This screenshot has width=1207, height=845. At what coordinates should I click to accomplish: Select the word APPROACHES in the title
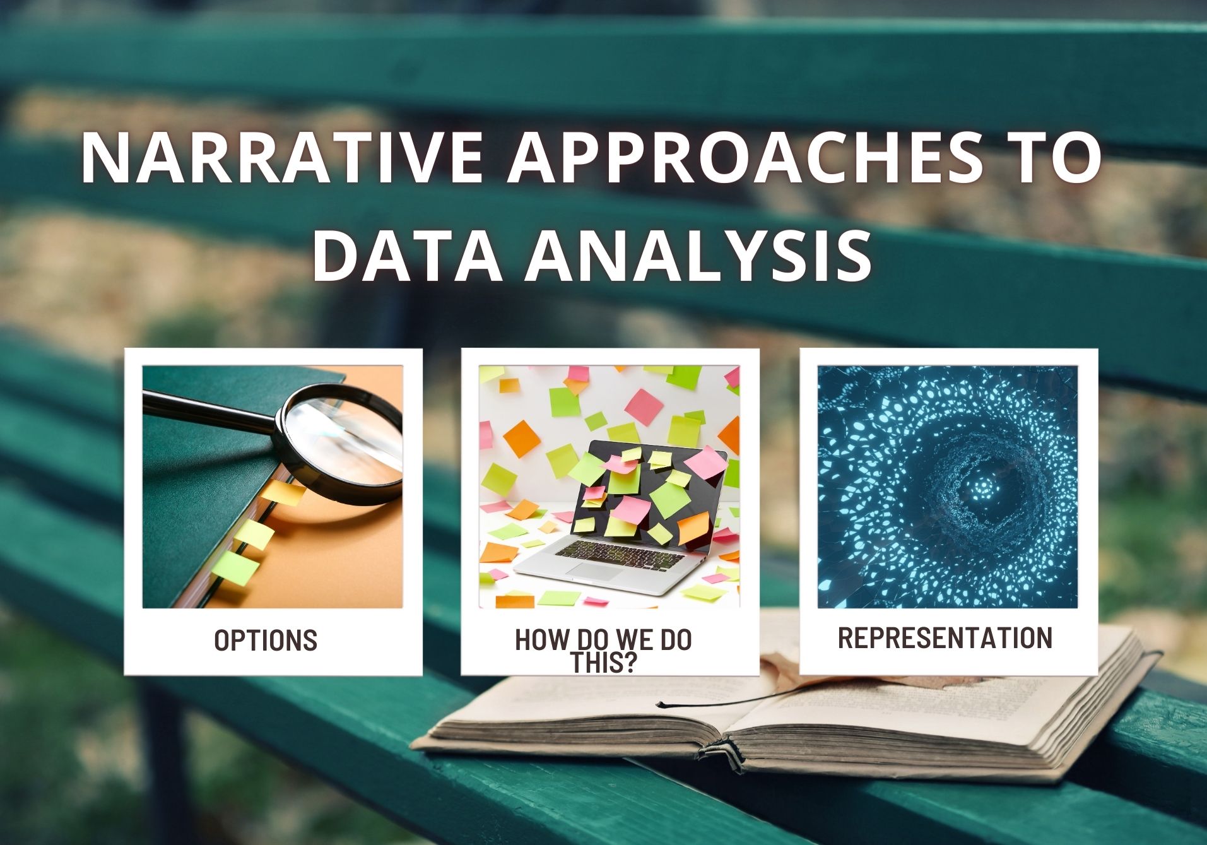[745, 158]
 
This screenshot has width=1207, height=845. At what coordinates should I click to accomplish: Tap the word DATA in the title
[407, 255]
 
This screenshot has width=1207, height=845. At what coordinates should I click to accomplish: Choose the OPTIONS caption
[266, 641]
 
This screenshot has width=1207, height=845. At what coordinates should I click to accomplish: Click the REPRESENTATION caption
[945, 638]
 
